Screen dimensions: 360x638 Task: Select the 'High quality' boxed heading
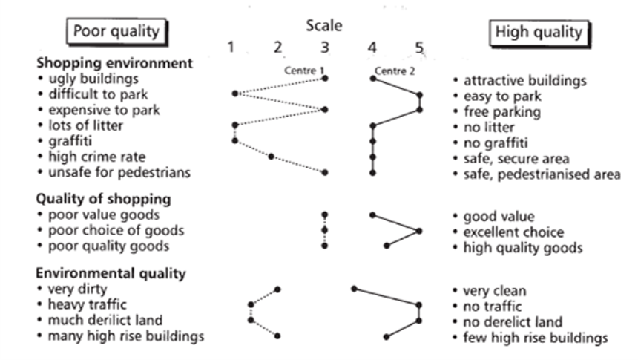point(539,32)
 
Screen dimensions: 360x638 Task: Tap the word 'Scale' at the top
point(324,26)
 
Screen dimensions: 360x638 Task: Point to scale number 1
point(231,48)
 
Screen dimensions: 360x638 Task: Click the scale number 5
point(419,48)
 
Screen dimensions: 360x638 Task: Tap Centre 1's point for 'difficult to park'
point(235,94)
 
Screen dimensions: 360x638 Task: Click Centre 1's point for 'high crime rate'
point(272,157)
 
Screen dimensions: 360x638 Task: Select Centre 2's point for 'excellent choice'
point(419,231)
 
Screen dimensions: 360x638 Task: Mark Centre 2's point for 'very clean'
point(355,288)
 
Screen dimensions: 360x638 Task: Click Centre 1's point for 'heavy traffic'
point(251,304)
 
